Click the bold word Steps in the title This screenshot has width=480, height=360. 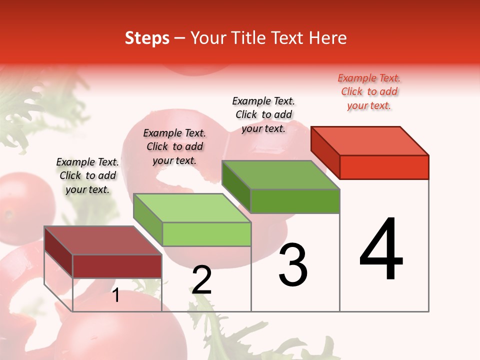(x=147, y=38)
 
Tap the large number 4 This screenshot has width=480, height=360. (x=381, y=249)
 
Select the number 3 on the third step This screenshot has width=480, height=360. (x=293, y=265)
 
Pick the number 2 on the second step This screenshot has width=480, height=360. (x=202, y=280)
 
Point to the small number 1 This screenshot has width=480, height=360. (x=116, y=295)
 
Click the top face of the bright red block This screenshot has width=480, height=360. (x=370, y=141)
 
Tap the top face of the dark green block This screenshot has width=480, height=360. (x=281, y=175)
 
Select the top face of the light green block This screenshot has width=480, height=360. (x=192, y=208)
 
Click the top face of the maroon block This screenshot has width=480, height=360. (x=103, y=240)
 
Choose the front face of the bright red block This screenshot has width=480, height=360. (x=384, y=167)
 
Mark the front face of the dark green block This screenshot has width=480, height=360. (x=295, y=201)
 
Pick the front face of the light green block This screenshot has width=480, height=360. (x=206, y=234)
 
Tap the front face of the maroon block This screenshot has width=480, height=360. (x=117, y=266)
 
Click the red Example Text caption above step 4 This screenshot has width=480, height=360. (x=369, y=91)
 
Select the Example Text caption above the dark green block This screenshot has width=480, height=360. (x=263, y=114)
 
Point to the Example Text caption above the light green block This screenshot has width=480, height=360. (x=174, y=146)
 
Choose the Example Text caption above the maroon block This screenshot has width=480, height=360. (x=87, y=175)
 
